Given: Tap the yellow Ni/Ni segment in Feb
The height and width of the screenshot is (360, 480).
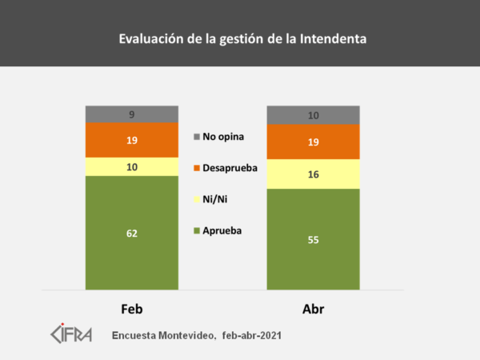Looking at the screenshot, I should (132, 166).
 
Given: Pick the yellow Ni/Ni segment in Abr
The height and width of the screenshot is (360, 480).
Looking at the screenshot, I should (313, 174).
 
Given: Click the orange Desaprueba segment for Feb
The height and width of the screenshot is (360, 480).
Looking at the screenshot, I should (132, 140).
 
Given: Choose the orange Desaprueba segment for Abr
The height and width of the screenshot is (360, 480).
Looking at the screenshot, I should (313, 142).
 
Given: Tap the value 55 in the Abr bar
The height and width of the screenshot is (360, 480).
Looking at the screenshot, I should (313, 238).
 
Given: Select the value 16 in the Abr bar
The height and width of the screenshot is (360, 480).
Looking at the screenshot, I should (313, 174).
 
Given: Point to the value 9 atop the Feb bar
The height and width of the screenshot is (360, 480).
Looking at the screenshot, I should (132, 114).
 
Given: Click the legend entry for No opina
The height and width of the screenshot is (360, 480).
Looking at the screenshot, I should (222, 137).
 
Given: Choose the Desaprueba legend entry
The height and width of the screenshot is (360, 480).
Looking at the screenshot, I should (229, 168).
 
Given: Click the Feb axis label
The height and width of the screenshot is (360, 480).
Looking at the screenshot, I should (132, 309).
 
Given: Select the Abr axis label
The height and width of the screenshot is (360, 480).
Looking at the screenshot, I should (313, 309).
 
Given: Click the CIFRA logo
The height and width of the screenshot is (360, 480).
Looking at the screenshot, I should (71, 332).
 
